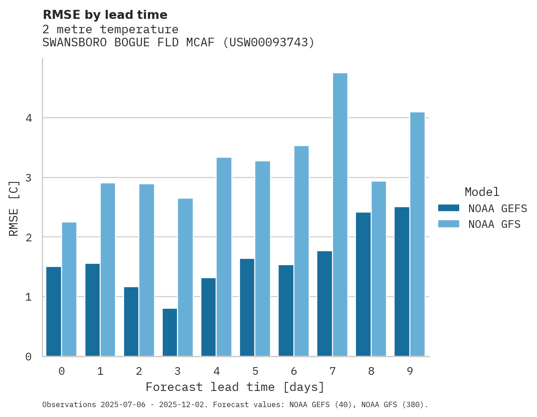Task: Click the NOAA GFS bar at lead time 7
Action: (340, 215)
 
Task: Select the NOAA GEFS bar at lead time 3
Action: (170, 333)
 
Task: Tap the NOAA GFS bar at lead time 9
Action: (417, 234)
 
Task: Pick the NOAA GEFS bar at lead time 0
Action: (54, 311)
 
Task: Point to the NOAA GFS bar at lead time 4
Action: (224, 257)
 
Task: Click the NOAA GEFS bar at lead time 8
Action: (363, 284)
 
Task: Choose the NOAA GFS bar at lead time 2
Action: (147, 270)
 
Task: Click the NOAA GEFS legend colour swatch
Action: (448, 208)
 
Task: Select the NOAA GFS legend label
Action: (494, 224)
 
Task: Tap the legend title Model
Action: (482, 192)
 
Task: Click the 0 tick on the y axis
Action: (28, 357)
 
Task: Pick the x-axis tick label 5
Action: (255, 371)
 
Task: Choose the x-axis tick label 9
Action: (410, 371)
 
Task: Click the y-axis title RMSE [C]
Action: (14, 208)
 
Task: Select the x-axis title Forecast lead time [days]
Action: (235, 387)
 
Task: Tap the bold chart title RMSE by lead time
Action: (105, 15)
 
